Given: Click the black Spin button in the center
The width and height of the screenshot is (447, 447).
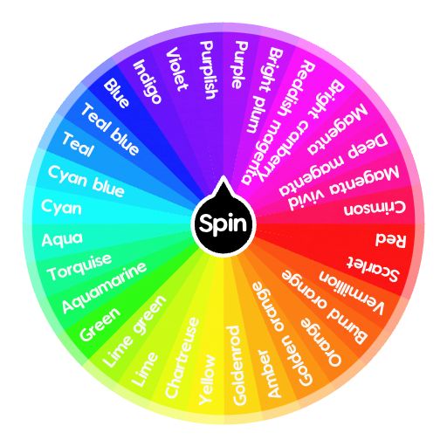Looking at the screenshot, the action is click(x=223, y=224).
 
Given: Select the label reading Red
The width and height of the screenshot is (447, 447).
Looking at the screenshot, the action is click(x=390, y=240).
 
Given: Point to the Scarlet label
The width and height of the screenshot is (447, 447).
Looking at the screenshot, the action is click(x=373, y=270).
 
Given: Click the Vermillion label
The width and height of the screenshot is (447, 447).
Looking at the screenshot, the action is click(x=352, y=292).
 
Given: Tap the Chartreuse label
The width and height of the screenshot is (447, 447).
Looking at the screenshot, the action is click(x=182, y=357).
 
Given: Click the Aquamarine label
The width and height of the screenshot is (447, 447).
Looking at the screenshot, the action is click(x=104, y=287).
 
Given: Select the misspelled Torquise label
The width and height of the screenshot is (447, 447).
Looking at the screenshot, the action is click(x=79, y=267).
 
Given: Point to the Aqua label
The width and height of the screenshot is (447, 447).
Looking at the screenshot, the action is click(x=62, y=240).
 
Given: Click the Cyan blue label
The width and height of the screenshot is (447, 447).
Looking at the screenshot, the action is click(x=86, y=181).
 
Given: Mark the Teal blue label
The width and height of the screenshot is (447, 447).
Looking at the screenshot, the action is click(x=110, y=130).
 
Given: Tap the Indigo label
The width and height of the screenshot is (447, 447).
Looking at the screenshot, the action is click(x=148, y=81).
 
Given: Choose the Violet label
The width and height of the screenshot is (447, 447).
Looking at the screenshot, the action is click(x=176, y=69).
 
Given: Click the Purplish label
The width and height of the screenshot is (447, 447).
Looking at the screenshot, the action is click(x=209, y=70).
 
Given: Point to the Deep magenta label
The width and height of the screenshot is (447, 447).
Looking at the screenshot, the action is click(x=334, y=165).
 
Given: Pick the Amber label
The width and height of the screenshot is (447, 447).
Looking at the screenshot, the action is click(x=270, y=374).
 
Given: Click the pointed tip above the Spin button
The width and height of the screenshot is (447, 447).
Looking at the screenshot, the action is click(x=223, y=175).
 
